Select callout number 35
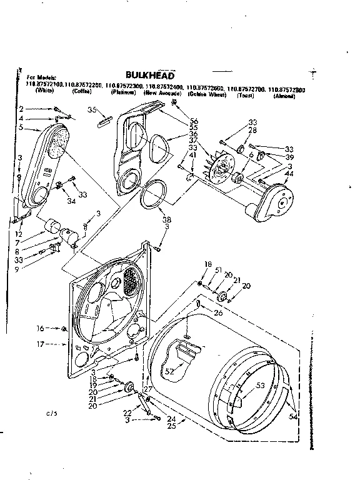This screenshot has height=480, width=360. (92, 110)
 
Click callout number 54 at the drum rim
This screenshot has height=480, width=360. (293, 417)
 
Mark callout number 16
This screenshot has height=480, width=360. (40, 327)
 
